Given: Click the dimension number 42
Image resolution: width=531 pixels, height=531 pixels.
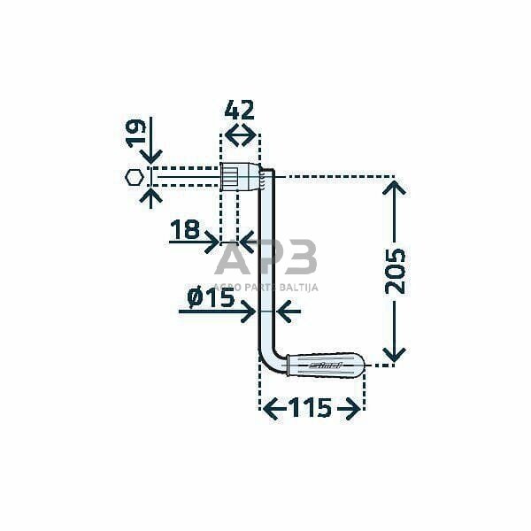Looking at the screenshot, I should click(240, 110).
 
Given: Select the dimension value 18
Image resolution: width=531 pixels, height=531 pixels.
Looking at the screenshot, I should click(184, 232).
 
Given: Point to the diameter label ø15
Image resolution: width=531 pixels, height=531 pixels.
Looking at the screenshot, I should click(211, 298).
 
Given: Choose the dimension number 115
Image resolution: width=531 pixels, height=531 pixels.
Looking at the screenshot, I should click(310, 408).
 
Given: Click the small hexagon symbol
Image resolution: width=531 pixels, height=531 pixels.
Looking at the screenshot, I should click(134, 176).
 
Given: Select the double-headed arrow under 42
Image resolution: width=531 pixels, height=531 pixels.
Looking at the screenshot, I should click(240, 135).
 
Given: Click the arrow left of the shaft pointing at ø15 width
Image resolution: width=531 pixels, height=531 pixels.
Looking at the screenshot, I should click(287, 312).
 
